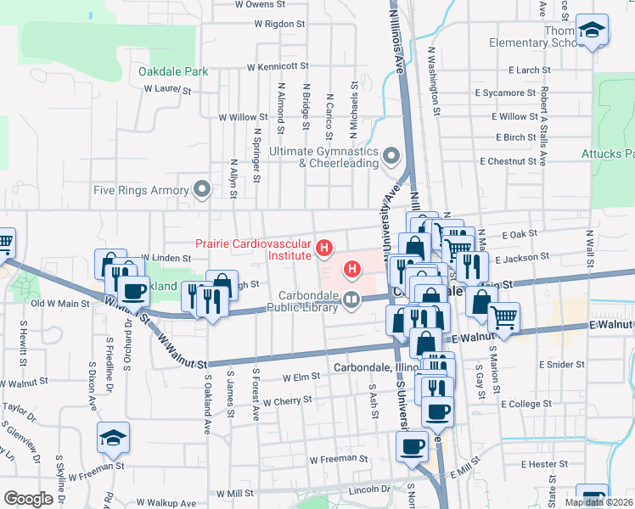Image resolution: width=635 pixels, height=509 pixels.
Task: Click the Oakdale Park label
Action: [174, 72]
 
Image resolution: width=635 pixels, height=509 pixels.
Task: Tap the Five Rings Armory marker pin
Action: [202, 189]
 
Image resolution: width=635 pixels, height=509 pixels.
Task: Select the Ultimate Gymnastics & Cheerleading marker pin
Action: [391, 156]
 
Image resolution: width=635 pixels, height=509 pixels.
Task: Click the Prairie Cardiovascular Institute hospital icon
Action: [323, 249]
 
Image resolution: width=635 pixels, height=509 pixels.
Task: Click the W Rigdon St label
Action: [275, 25]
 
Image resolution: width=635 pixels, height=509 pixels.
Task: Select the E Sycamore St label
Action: [506, 92]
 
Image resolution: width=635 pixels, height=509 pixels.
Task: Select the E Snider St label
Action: [563, 364]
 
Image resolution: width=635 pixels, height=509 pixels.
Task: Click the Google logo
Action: [28, 499]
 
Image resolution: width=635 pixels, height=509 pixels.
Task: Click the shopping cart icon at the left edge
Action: [4, 244]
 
